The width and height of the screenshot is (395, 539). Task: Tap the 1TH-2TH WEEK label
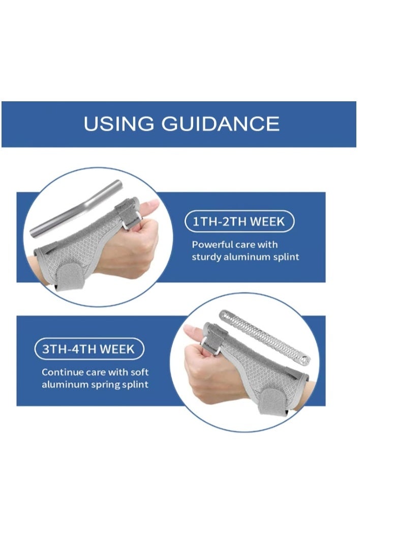point(239,221)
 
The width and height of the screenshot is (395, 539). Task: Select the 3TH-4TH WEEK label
point(89,350)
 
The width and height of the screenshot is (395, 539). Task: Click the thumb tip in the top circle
point(151,206)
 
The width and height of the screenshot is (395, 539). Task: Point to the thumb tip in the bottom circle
point(192,330)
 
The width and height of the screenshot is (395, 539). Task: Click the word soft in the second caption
point(139,372)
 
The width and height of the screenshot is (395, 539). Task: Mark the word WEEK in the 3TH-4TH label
point(117,350)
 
